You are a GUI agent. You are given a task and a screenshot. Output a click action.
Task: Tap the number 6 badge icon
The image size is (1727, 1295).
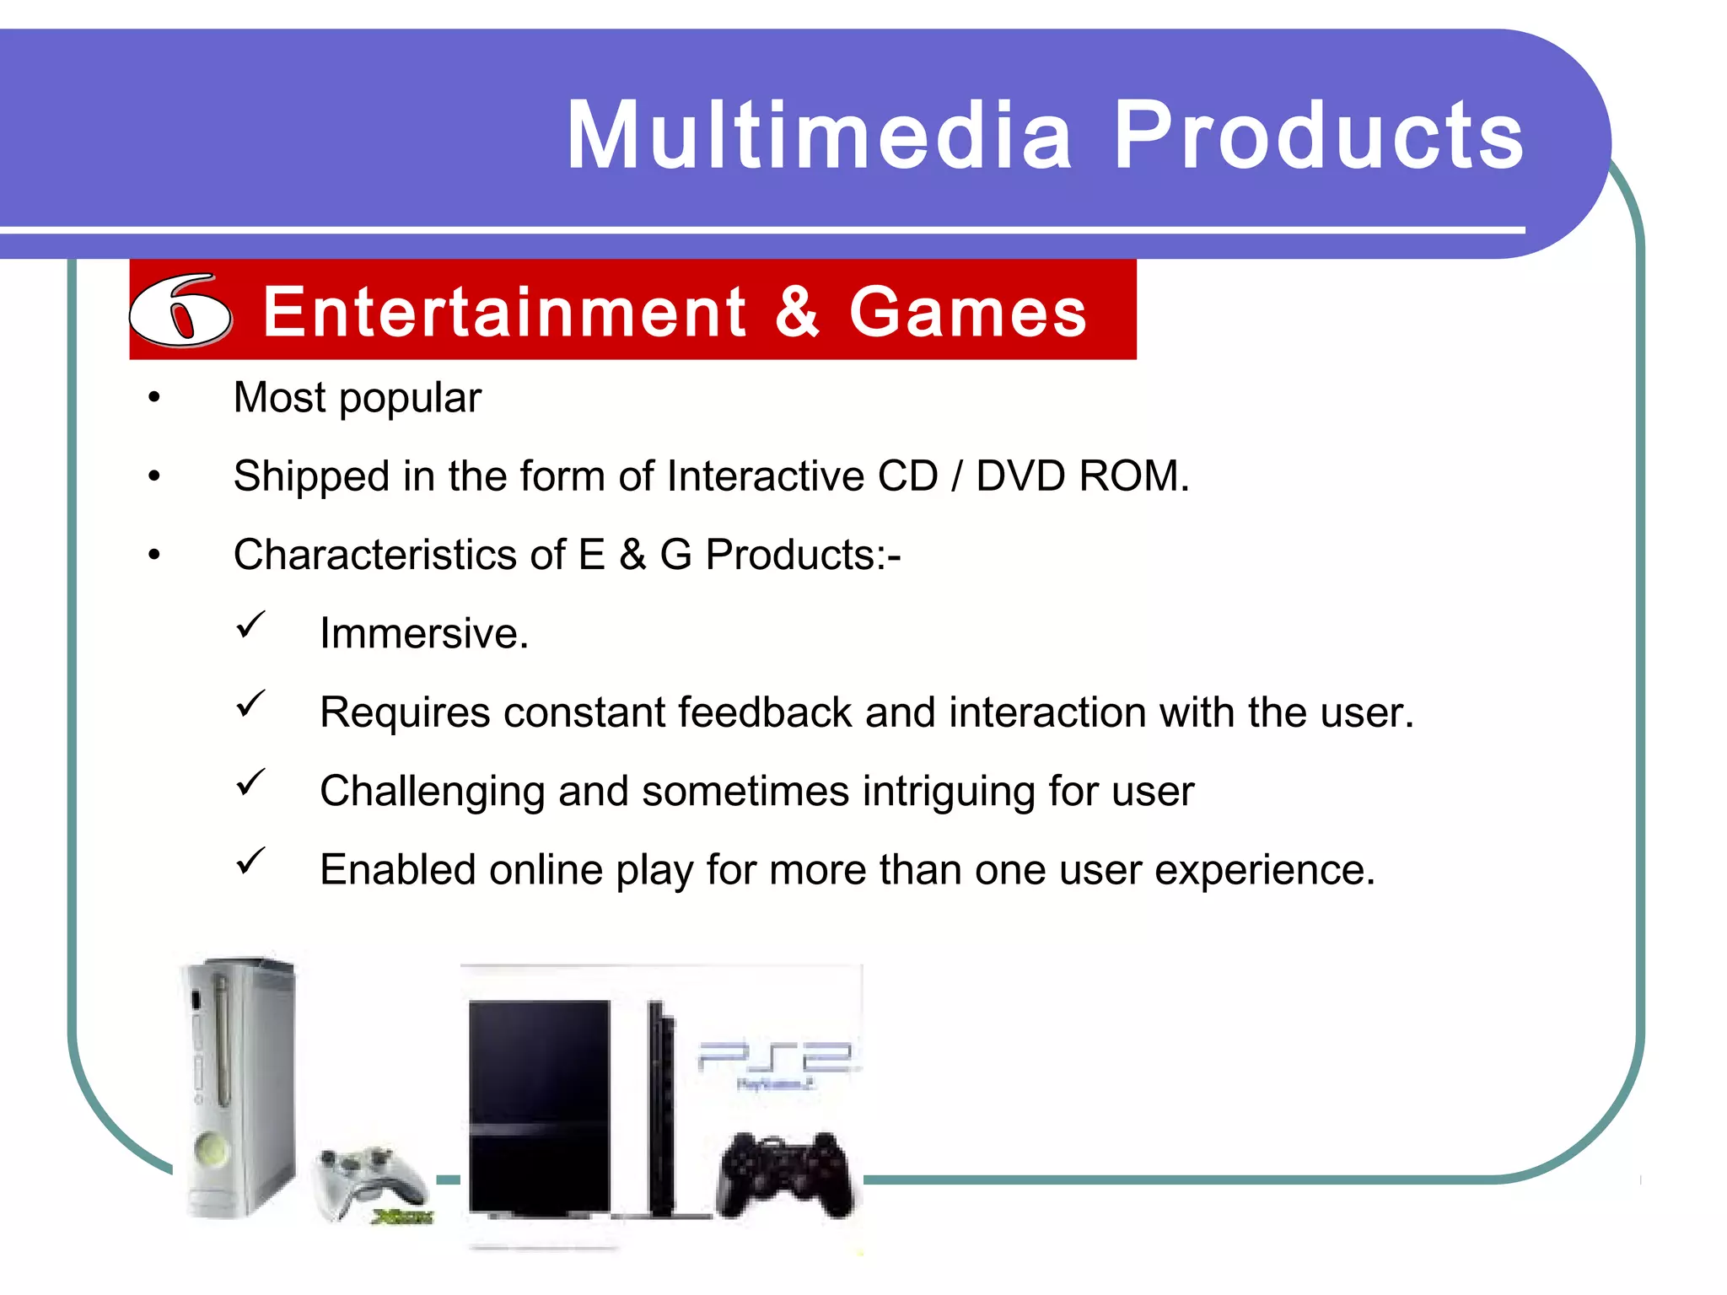point(180,310)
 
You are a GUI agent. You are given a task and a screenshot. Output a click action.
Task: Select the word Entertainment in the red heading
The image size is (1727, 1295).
point(504,312)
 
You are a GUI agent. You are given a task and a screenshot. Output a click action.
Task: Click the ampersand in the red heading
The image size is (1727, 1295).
point(796,312)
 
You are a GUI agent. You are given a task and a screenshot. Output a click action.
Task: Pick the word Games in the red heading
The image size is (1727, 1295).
point(968,312)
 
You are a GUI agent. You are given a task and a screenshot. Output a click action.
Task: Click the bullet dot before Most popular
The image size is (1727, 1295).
point(153,397)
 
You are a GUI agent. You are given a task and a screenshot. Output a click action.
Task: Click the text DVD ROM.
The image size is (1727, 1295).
point(1081,476)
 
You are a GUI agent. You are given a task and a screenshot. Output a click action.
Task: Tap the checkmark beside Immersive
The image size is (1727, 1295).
point(250,626)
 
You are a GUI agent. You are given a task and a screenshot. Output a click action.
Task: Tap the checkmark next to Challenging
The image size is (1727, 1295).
point(250,783)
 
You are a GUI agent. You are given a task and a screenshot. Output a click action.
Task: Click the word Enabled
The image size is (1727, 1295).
point(398,870)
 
